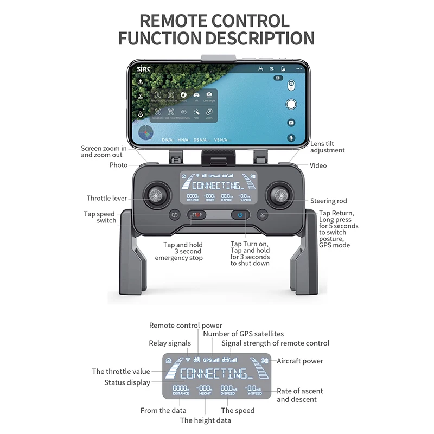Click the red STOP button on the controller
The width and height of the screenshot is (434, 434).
tap(196, 215)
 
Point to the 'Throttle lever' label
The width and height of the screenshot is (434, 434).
tap(106, 199)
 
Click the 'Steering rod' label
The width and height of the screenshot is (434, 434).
tap(329, 201)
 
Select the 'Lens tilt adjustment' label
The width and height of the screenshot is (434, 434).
tap(327, 147)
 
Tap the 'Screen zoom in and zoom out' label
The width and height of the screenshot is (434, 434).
tap(104, 151)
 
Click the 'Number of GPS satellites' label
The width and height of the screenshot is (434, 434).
tap(243, 334)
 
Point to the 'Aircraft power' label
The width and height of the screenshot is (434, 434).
tap(300, 361)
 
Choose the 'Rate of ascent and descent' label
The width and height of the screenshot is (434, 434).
tap(300, 395)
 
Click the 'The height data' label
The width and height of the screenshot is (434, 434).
tap(206, 420)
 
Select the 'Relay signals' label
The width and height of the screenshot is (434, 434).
tap(170, 343)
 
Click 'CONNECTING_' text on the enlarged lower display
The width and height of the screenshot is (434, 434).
tap(216, 373)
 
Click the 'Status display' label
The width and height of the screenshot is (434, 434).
tap(127, 382)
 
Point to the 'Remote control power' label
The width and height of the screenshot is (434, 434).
tap(186, 325)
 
